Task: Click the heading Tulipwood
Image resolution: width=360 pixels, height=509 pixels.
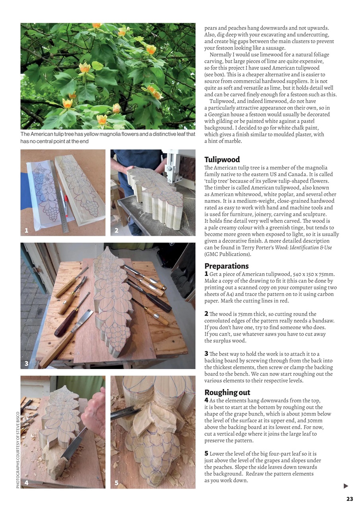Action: click(x=222, y=159)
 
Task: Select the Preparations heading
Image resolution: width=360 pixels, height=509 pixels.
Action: click(x=226, y=266)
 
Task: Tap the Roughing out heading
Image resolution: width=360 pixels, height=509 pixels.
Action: click(x=227, y=392)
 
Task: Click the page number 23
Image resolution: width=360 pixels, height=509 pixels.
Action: click(x=350, y=499)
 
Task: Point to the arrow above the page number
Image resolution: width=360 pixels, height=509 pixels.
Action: click(x=346, y=486)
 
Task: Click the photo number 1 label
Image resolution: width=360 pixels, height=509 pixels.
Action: click(x=26, y=230)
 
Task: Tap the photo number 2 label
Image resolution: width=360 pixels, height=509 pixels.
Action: click(x=117, y=230)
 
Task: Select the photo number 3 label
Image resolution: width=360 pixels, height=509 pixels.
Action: click(x=26, y=363)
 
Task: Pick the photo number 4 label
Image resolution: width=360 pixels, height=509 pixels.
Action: click(x=26, y=483)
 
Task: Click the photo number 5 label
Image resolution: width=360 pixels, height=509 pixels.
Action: click(x=117, y=483)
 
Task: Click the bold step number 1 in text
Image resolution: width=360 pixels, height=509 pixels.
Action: click(x=206, y=274)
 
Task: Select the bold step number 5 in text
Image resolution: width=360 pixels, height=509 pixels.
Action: click(x=206, y=453)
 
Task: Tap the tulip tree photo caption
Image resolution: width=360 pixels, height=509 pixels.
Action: click(x=107, y=138)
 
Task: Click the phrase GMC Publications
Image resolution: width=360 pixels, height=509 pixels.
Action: click(x=228, y=254)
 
